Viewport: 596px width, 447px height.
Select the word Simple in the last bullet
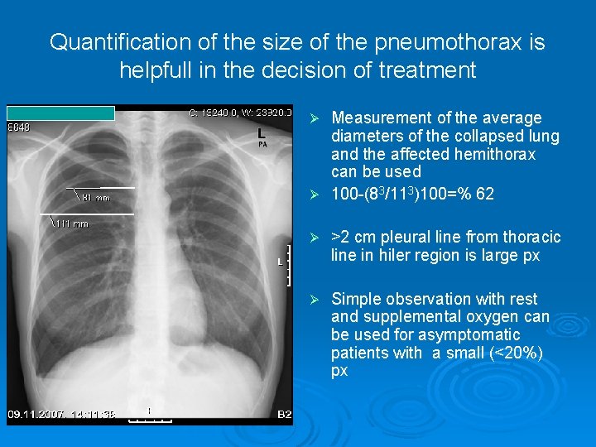356,299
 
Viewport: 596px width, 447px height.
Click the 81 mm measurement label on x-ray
97,198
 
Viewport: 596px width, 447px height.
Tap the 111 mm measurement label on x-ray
72,223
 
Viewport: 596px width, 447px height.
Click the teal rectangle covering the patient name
60,113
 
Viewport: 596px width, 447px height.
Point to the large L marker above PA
262,132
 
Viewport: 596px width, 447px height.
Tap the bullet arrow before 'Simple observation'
314,299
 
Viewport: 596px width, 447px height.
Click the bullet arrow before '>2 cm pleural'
314,238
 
